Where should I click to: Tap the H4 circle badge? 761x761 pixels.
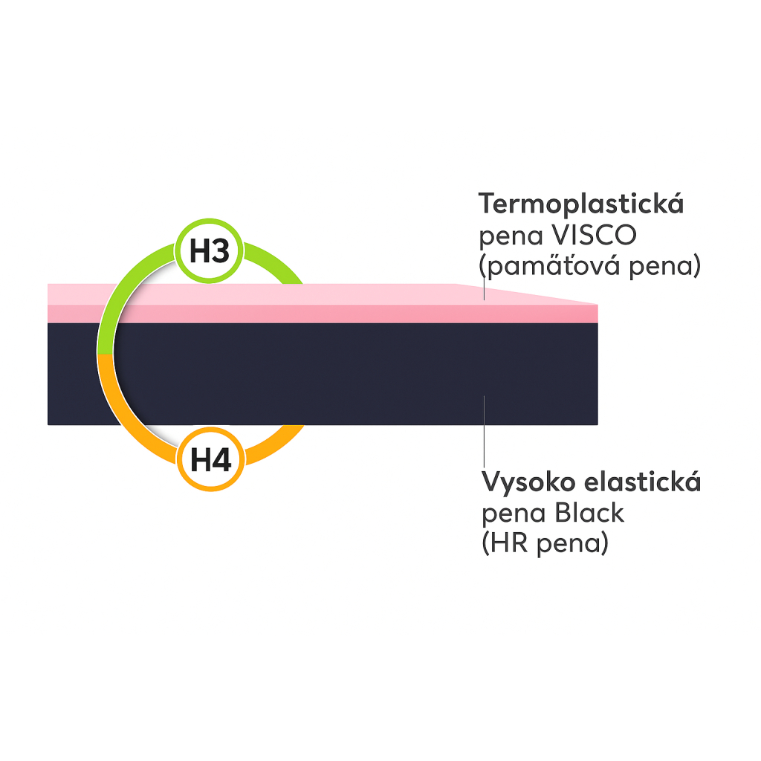point(211,460)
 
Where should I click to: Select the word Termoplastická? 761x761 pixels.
point(581,204)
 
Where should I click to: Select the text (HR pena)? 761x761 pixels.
point(545,543)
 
